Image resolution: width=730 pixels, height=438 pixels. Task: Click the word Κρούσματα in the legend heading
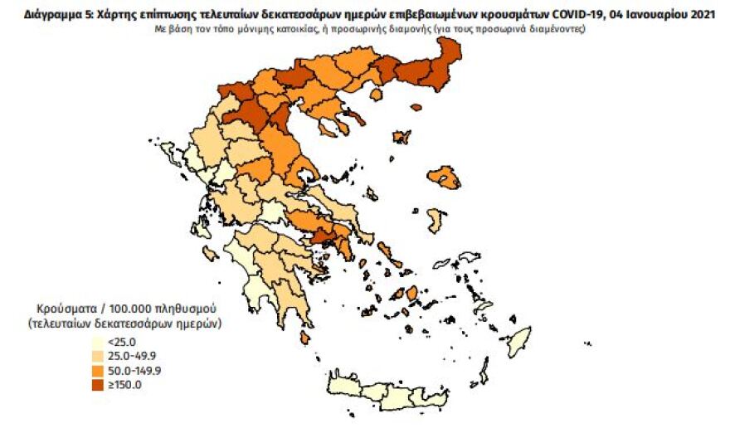(64, 307)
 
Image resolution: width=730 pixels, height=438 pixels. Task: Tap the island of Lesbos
(445, 177)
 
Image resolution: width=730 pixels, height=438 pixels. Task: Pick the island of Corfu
(172, 153)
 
